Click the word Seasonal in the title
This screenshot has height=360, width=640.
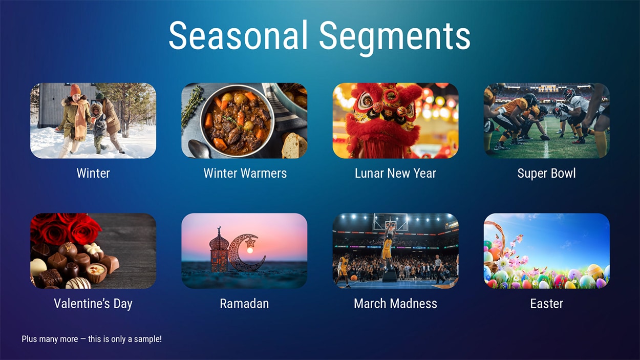coord(238,36)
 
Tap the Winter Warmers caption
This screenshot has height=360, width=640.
coord(245,173)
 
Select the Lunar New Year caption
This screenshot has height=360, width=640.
coord(395,173)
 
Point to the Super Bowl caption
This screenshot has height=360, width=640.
coord(546,173)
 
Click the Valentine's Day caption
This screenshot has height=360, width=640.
coord(93,304)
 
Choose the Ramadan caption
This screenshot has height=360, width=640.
coord(244,304)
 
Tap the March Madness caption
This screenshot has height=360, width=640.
coord(395,304)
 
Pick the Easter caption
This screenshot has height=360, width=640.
coord(546,304)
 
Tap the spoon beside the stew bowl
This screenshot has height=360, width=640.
coord(198,149)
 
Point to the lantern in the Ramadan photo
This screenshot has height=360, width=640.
coord(219,251)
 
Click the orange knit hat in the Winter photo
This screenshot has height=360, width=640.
coord(76,90)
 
